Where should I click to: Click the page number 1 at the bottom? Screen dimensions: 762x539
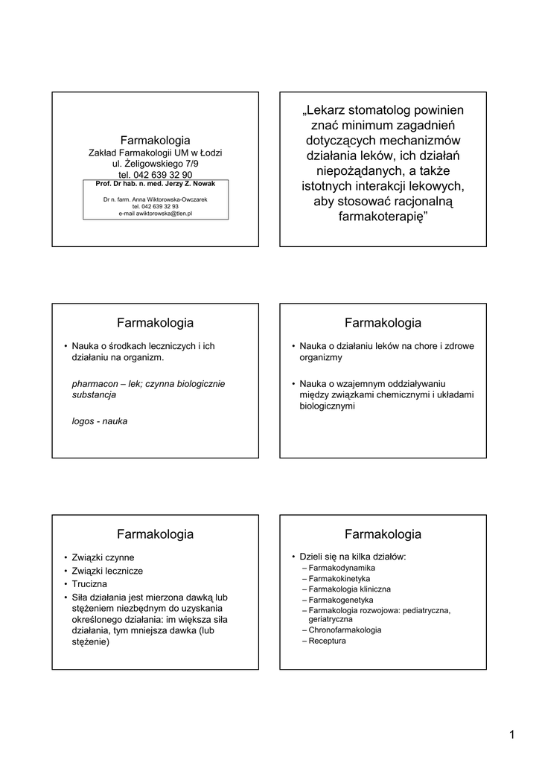pos(512,736)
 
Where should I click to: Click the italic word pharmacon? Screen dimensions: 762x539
pos(94,383)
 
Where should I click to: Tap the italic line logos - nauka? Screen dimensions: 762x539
pos(99,421)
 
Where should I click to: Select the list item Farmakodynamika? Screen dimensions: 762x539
pos(342,568)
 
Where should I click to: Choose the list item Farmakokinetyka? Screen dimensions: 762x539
pos(339,578)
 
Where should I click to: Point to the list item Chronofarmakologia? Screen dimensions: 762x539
pos(345,630)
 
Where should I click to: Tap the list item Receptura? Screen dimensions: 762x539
pos(327,641)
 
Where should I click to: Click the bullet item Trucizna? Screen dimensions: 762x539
pos(90,584)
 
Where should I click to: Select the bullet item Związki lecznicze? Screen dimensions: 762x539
pos(107,571)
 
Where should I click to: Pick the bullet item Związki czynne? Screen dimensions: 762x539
pos(103,557)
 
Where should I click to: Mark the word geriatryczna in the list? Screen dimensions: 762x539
pos(331,619)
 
